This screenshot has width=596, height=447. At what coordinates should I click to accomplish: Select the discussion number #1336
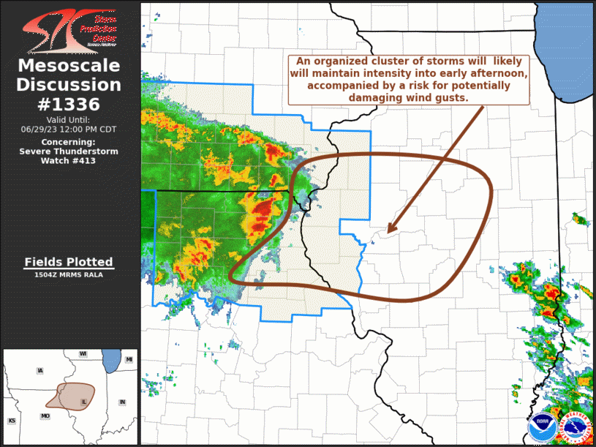tap(69, 104)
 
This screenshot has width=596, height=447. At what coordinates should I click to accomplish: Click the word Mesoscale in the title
tap(69, 67)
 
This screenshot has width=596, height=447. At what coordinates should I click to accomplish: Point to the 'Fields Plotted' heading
tap(69, 262)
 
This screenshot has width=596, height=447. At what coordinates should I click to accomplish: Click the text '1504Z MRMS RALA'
tap(69, 275)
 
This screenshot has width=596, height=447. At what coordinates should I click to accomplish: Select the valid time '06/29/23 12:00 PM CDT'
tap(69, 129)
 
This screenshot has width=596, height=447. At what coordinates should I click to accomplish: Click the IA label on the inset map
tap(39, 371)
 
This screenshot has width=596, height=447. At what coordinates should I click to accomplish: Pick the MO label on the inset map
tap(46, 416)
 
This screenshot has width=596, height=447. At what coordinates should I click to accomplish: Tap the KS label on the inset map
tap(12, 421)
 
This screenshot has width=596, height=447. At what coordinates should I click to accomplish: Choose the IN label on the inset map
tap(123, 402)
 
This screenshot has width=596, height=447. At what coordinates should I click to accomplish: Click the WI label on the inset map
tap(83, 354)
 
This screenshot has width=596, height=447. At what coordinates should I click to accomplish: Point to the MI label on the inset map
tap(129, 359)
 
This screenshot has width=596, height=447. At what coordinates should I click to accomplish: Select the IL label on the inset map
tap(84, 402)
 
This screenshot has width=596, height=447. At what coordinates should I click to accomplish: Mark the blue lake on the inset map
tap(110, 361)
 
